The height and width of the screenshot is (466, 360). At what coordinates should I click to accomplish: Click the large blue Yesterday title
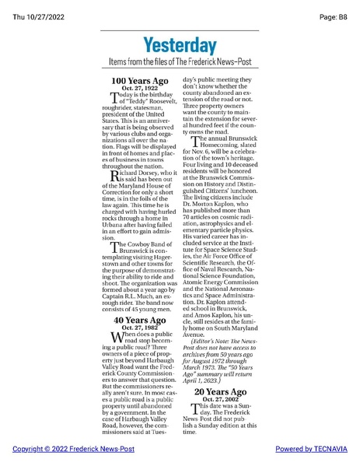pyautogui.click(x=180, y=44)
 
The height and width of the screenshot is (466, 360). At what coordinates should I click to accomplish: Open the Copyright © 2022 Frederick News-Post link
pyautogui.click(x=62, y=450)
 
